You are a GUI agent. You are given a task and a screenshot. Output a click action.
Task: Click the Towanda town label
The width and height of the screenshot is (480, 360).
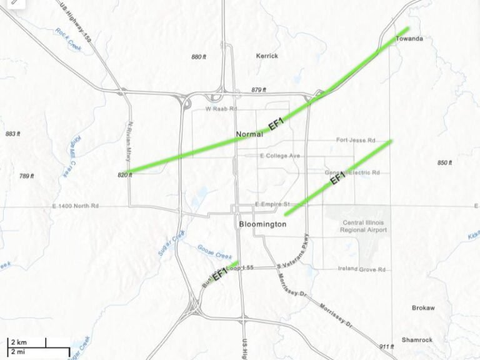[409, 39]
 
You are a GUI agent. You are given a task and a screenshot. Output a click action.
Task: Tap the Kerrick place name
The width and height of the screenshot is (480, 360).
[267, 56]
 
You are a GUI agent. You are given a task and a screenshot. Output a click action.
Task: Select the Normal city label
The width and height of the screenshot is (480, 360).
[249, 134]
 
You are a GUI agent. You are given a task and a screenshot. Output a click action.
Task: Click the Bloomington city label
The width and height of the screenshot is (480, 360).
[262, 224]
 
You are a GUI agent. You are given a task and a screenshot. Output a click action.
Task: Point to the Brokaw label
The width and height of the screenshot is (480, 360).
[423, 307]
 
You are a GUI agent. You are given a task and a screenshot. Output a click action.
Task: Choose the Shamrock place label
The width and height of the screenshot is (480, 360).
[417, 339]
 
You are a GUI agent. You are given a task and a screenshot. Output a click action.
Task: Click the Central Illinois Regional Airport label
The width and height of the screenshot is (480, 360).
[364, 226]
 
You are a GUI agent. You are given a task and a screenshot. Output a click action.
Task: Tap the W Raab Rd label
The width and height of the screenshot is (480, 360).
[222, 109]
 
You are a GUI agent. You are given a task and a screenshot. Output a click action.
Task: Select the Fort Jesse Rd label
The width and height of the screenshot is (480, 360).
[355, 140]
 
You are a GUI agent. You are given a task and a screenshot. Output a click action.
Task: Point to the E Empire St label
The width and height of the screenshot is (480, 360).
[273, 204]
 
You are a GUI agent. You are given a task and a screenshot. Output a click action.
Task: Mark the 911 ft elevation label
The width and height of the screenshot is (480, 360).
[387, 346]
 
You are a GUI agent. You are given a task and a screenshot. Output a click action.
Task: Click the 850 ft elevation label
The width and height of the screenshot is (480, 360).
[444, 163]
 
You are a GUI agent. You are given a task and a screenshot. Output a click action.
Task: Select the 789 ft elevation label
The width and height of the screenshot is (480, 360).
[27, 176]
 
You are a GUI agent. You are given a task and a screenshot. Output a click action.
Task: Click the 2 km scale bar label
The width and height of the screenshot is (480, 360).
[18, 342]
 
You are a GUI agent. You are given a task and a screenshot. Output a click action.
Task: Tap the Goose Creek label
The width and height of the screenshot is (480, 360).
[214, 251]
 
